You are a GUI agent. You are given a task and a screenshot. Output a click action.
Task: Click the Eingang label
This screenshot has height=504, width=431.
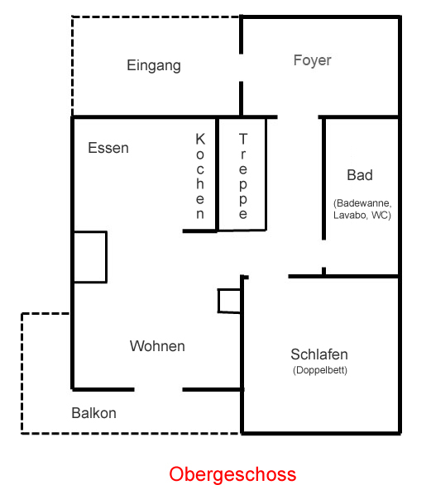tap(154, 66)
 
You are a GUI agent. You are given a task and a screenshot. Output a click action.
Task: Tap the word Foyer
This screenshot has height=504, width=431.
tap(312, 60)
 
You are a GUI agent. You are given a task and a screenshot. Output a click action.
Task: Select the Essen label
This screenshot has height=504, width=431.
tap(108, 148)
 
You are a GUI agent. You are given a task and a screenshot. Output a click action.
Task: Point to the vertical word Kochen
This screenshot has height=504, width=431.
tap(200, 176)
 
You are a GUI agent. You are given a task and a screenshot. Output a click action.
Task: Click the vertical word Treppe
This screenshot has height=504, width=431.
tap(243, 176)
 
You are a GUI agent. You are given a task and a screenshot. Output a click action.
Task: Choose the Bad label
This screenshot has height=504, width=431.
tap(360, 175)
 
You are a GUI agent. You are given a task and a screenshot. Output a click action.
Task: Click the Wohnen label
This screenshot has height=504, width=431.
tap(157, 346)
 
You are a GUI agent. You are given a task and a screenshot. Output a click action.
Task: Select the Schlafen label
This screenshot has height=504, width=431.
tap(319, 354)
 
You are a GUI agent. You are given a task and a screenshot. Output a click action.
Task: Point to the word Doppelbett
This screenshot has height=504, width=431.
tap(320, 370)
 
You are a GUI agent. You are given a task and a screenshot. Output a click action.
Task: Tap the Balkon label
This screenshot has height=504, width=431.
tap(94, 413)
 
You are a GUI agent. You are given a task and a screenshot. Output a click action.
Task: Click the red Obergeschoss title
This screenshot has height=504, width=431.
tap(232, 474)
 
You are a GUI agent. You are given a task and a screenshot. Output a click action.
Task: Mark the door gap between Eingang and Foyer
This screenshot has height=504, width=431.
tap(241, 68)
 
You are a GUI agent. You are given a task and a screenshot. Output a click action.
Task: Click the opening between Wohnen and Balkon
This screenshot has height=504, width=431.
tap(158, 390)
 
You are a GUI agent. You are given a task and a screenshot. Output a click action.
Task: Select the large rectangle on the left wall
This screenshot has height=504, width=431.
tap(90, 257)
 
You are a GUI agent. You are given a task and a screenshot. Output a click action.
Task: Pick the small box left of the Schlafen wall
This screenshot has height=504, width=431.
tap(229, 301)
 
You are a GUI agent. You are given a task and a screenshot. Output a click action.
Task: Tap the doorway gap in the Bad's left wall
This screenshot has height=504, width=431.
tap(323, 254)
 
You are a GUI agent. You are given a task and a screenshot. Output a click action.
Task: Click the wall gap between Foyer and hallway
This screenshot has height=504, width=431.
tap(298, 117)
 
